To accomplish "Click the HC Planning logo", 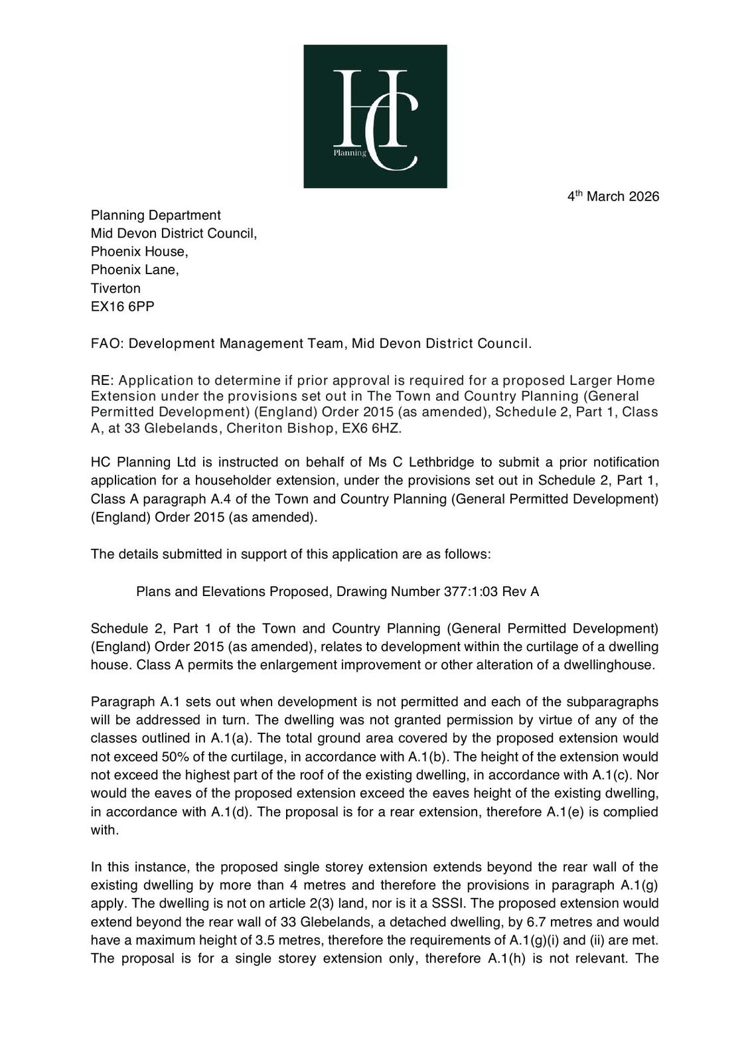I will click(x=375, y=116).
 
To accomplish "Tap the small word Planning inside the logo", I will click(x=350, y=153).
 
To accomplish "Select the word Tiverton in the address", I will click(x=115, y=288).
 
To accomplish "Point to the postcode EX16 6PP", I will click(x=123, y=307).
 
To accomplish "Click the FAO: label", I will click(x=107, y=344).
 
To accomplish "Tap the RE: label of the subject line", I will click(x=102, y=380).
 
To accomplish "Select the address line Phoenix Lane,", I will click(x=135, y=270).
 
